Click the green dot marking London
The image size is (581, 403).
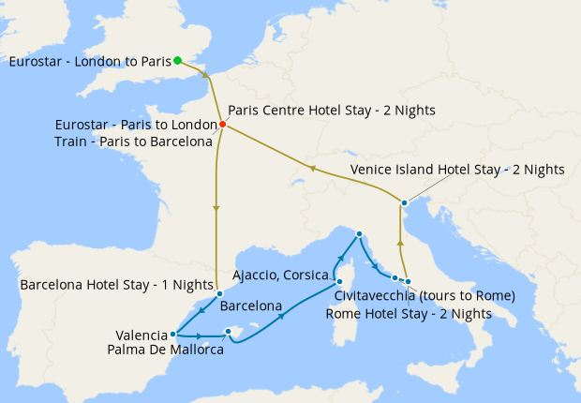[x=178, y=61]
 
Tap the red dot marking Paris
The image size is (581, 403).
[x=222, y=125]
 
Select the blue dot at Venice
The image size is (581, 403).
[x=404, y=202]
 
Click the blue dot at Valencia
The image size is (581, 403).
[x=173, y=334]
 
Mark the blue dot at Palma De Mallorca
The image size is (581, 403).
[x=228, y=331]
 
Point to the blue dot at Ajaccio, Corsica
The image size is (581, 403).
[x=339, y=280]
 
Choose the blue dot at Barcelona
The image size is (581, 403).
[x=219, y=293]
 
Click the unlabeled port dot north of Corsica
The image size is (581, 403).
[x=359, y=234]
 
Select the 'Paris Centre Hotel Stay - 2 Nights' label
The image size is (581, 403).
[x=332, y=110]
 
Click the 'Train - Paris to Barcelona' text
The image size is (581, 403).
[x=133, y=142]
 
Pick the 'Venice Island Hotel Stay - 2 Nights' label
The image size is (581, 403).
[x=457, y=170]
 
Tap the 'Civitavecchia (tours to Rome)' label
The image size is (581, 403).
[x=425, y=296]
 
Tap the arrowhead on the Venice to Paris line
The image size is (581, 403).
[x=313, y=169]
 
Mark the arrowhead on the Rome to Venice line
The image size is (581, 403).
[x=401, y=242]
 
